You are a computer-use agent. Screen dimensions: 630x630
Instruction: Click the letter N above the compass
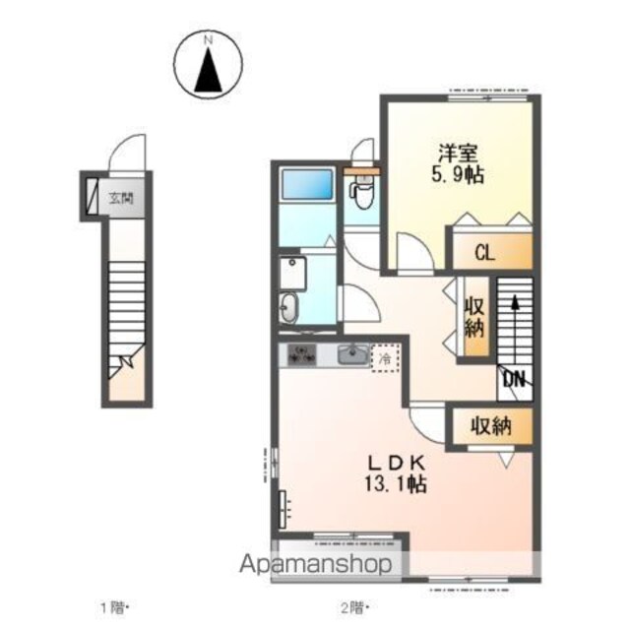[x=208, y=40]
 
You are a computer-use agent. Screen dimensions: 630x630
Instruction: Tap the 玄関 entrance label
[x=121, y=198]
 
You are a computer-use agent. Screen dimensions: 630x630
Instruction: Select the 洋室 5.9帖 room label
[x=458, y=163]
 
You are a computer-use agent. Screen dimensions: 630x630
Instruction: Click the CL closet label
[x=485, y=253]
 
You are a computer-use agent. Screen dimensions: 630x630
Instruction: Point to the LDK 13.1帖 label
[x=396, y=473]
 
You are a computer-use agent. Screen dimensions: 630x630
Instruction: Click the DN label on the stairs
[x=514, y=378]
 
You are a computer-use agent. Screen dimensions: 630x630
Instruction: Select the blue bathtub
[x=307, y=184]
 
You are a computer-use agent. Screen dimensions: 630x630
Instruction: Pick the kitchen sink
[x=353, y=354]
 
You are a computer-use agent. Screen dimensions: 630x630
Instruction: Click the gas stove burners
[x=302, y=354]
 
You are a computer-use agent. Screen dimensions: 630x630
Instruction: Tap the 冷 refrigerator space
[x=385, y=358]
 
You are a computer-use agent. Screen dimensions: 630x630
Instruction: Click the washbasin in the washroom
[x=288, y=307]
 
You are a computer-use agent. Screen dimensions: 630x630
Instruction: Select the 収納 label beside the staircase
[x=474, y=318]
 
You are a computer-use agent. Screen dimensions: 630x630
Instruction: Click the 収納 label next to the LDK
[x=490, y=426]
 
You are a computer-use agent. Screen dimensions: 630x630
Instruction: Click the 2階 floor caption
[x=353, y=607]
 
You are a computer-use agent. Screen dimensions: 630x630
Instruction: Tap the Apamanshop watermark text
[x=316, y=564]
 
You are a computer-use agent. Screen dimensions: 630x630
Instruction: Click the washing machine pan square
[x=292, y=273]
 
